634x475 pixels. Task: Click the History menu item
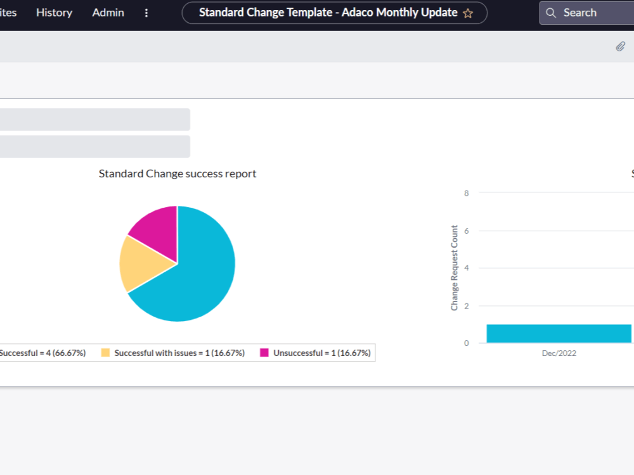[x=54, y=13]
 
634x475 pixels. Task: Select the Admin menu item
[x=108, y=13]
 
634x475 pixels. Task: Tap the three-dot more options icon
[x=147, y=13]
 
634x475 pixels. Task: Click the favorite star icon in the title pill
[x=468, y=13]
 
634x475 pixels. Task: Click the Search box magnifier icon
[x=551, y=13]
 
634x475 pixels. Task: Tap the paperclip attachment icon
[x=620, y=46]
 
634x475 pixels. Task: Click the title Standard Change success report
[x=178, y=174]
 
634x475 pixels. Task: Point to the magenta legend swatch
[x=264, y=353]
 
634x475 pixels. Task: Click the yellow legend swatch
[x=105, y=353]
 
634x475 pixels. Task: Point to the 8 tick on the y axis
[x=467, y=193]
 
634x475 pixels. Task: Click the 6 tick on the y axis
[x=467, y=231]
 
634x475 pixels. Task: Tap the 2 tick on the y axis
[x=467, y=306]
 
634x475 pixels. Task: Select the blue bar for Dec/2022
[x=559, y=334]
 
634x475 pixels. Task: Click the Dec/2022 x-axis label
[x=559, y=353]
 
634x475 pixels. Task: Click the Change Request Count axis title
[x=455, y=268]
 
